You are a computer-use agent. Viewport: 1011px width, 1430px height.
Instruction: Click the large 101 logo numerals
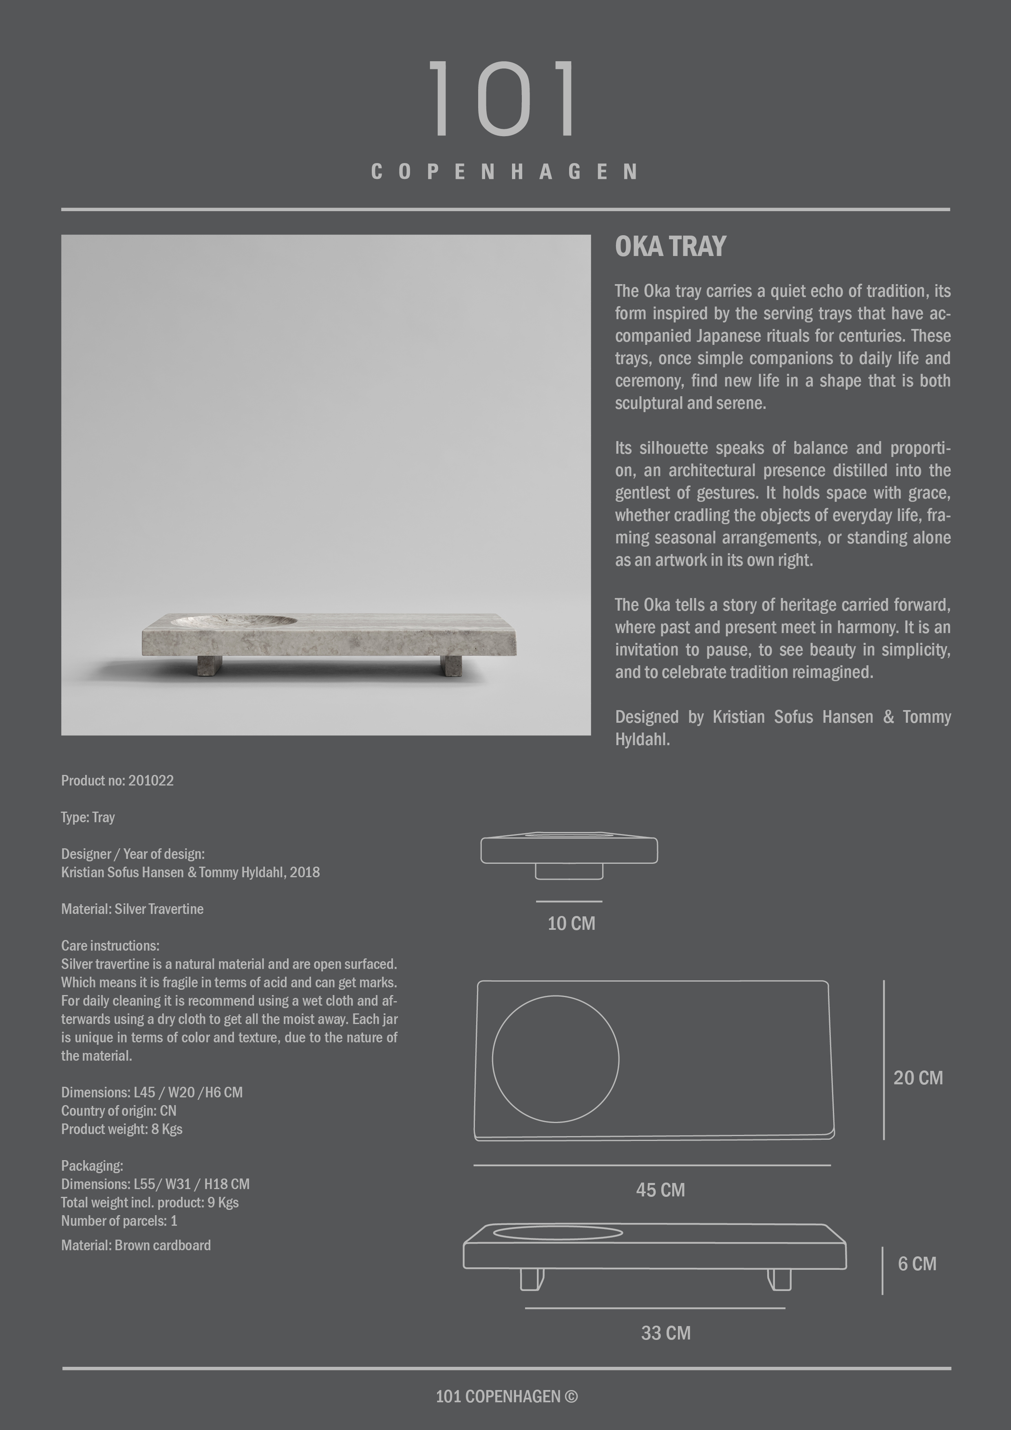pos(503,98)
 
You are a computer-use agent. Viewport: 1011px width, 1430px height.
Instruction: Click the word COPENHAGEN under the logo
pos(505,172)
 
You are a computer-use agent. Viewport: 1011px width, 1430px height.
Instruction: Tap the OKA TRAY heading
pos(670,247)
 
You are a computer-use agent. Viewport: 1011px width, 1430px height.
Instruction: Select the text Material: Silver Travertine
pos(132,909)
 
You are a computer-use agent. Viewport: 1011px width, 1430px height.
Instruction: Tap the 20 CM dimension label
pos(918,1078)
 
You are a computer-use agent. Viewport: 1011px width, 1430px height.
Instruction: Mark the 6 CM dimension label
pos(917,1264)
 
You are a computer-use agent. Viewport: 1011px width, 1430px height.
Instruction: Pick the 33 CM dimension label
pos(666,1333)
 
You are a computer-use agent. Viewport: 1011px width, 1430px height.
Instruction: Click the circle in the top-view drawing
pos(555,1059)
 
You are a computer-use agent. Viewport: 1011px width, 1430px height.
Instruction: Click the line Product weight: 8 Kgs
pos(121,1129)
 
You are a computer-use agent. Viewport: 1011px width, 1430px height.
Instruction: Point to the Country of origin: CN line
pos(118,1111)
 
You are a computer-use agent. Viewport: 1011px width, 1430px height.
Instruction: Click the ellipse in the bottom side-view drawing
pos(558,1233)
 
